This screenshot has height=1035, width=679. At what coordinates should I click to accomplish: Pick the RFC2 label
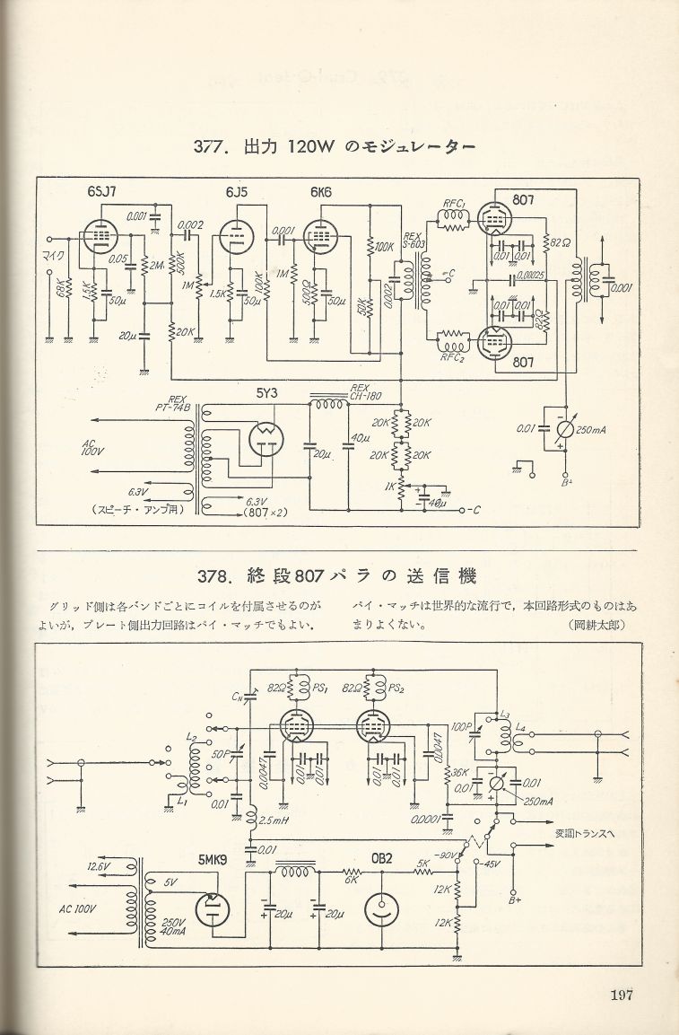(x=453, y=356)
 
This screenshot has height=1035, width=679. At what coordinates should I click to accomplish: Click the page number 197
(x=622, y=995)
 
